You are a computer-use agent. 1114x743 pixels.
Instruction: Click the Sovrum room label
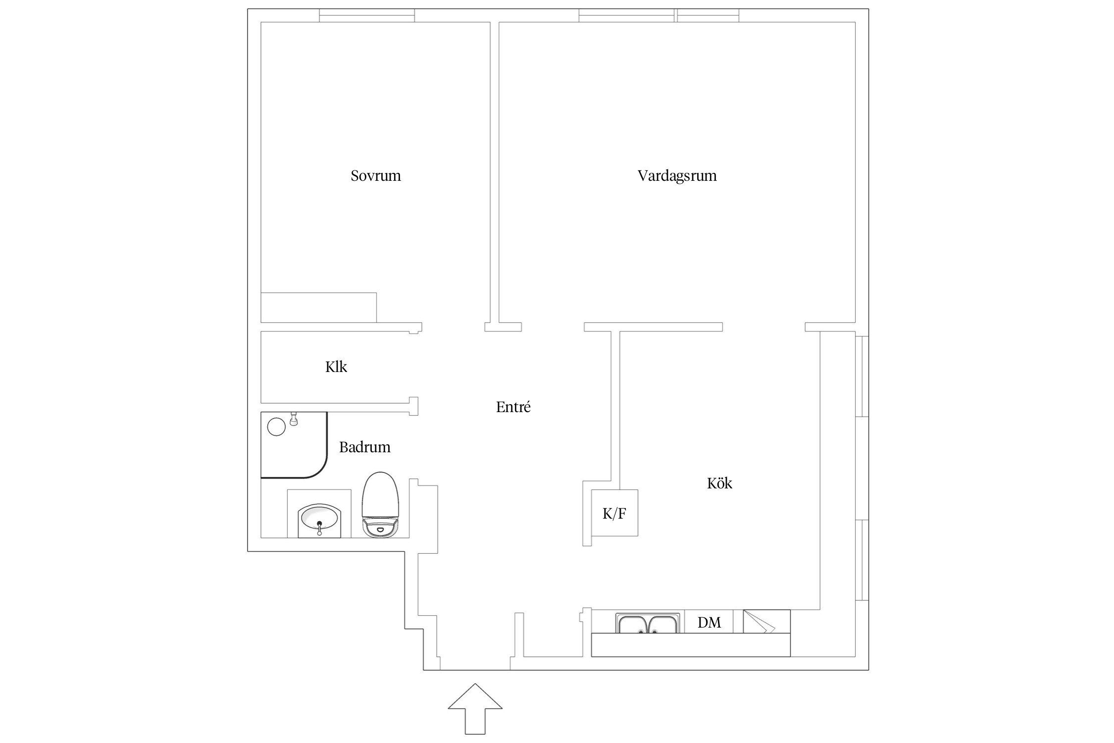(376, 176)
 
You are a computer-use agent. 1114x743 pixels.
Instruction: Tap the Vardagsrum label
(677, 176)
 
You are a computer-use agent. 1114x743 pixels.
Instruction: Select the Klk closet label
(336, 367)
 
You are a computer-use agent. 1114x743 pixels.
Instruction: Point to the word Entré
(513, 407)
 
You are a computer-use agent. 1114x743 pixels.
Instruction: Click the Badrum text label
(365, 447)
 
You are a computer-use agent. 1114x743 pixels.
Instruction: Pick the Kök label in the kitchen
(719, 483)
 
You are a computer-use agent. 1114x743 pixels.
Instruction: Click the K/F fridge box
(614, 513)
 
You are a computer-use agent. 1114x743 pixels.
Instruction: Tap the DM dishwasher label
(709, 623)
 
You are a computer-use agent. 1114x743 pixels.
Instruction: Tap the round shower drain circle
(276, 426)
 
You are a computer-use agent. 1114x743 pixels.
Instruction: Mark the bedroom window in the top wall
(367, 15)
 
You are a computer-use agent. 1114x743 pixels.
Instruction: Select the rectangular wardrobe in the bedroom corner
(319, 308)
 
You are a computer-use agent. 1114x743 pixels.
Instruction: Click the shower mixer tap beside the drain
(294, 419)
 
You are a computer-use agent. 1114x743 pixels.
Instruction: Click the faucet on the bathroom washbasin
(320, 528)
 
